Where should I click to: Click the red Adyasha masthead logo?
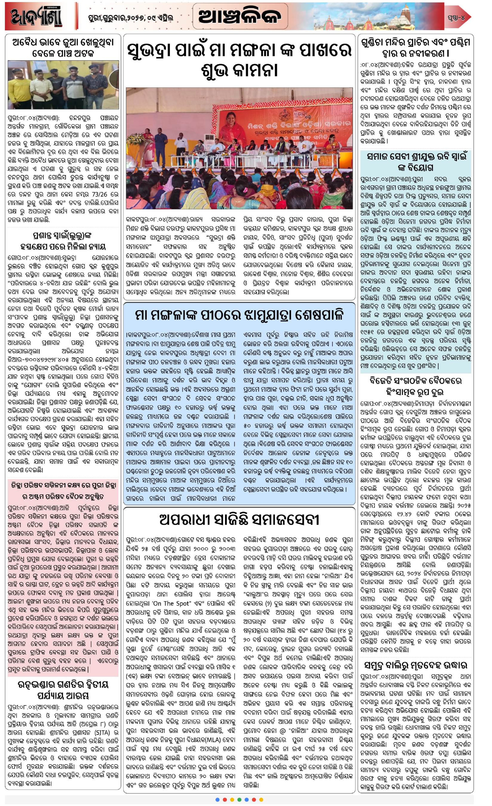(x=36, y=16)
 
